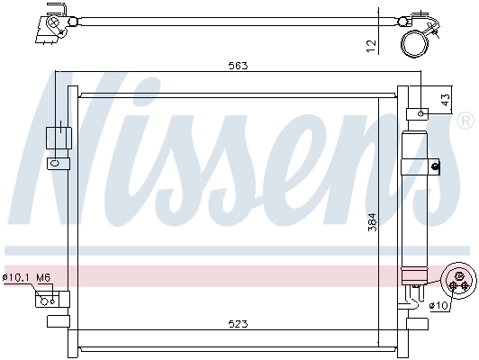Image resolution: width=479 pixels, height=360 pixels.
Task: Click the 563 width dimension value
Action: point(239,66)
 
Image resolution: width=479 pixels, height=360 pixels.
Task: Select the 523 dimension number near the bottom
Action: point(239,323)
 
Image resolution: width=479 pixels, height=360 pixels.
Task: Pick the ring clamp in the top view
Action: point(416,42)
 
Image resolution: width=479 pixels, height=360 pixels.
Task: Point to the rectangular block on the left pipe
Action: point(57,137)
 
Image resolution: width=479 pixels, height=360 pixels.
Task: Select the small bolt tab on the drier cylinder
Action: point(435,165)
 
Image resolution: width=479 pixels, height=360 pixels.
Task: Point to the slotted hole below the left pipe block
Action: point(56,164)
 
